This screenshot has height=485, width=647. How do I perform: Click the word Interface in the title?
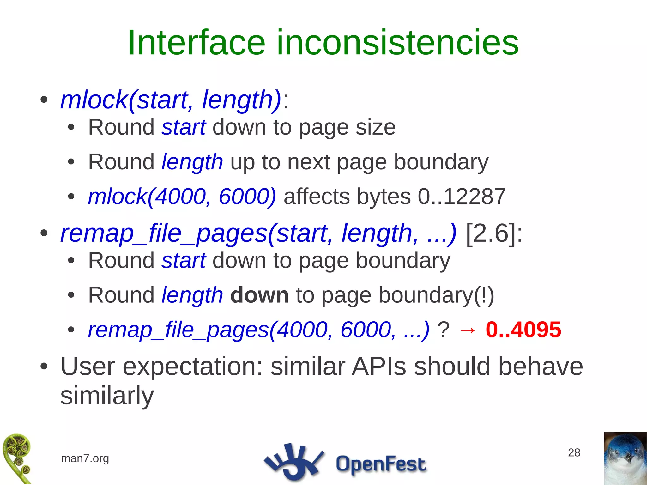coord(196,43)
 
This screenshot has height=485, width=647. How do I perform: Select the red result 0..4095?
coord(523,330)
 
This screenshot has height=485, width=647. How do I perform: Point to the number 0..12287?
coord(462,197)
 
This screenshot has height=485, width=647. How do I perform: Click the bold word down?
coord(259,295)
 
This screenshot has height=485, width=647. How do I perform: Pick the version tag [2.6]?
coord(494,233)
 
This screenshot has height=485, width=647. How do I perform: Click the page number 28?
coord(574,452)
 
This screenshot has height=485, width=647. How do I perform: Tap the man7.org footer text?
coord(85,458)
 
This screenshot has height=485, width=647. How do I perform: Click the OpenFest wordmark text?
coord(381,464)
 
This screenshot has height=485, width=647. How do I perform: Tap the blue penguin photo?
coord(625,458)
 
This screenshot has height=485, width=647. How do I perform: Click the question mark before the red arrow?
coord(443,330)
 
